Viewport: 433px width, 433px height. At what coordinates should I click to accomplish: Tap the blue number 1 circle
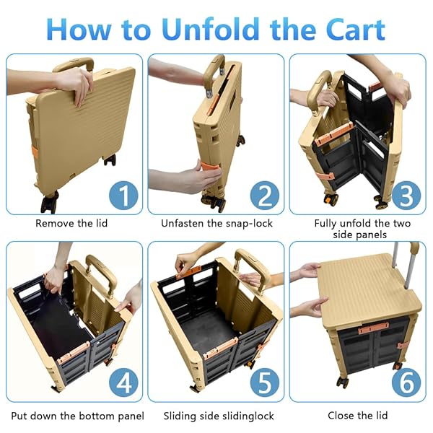tap(122, 196)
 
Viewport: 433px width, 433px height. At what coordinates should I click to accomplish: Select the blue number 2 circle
tap(263, 196)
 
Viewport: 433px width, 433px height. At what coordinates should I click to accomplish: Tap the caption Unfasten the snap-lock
tap(216, 224)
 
